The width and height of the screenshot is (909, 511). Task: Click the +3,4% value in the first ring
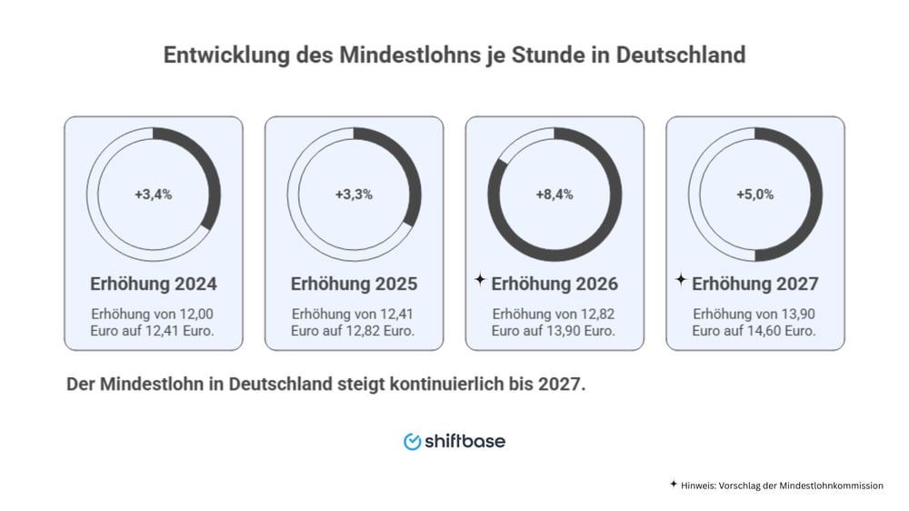154,194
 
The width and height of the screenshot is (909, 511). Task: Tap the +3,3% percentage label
355,194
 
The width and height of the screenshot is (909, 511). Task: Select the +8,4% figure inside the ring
554,194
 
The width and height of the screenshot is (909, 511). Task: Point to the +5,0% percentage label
755,194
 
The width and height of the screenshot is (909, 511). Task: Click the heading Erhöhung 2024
154,284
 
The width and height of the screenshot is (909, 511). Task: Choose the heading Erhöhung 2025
355,284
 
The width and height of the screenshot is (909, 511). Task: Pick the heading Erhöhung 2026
554,284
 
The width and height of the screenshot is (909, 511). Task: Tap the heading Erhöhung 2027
755,284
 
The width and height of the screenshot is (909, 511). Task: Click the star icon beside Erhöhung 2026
480,281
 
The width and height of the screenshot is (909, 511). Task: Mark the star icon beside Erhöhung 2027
681,281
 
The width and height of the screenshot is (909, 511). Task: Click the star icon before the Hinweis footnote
673,485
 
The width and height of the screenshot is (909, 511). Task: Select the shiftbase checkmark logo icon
412,441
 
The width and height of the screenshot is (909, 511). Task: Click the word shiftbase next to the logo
464,441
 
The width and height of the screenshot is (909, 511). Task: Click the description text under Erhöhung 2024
154,322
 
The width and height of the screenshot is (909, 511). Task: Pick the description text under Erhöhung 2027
755,322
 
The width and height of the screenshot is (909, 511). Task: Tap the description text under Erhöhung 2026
554,322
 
